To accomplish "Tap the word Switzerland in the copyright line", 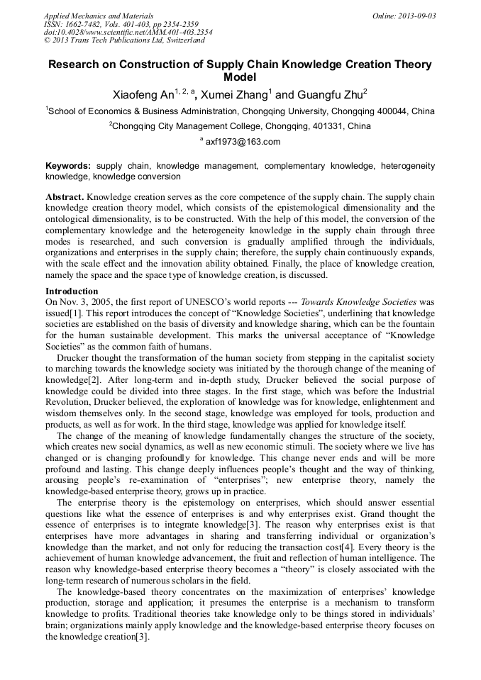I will click(179, 41).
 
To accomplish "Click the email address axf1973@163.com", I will click(243, 141).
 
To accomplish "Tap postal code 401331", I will click(322, 126).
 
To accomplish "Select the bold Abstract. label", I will click(65, 196).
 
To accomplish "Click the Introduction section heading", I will click(72, 291).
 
